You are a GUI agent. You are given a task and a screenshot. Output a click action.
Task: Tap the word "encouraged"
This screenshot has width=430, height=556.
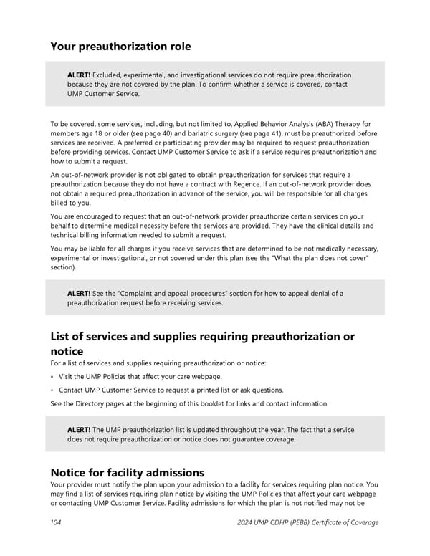point(92,216)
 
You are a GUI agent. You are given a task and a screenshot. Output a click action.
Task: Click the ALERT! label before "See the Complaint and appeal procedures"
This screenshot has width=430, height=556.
point(79,293)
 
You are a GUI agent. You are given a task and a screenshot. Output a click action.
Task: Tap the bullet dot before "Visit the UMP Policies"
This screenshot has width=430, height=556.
point(53,377)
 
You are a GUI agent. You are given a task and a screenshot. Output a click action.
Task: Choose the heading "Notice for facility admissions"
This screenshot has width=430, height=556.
point(127,473)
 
